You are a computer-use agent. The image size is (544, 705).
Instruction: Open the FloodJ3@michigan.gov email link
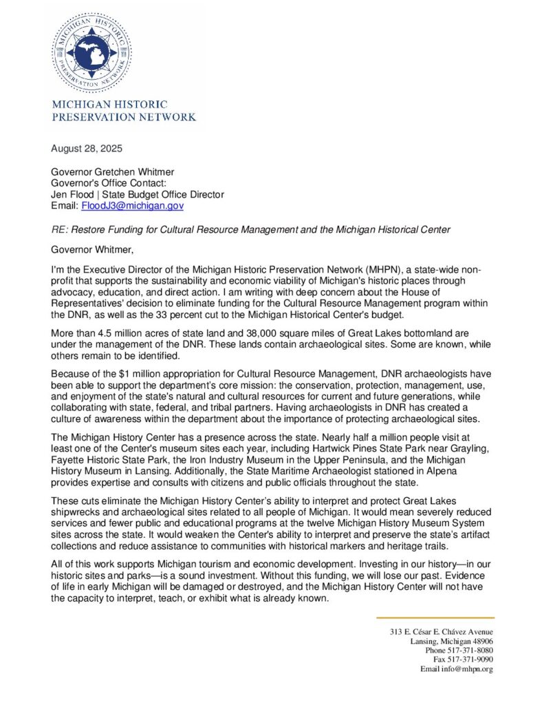[132, 205]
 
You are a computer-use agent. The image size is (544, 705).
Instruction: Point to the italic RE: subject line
[261, 227]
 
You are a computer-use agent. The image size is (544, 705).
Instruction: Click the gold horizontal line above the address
[435, 618]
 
